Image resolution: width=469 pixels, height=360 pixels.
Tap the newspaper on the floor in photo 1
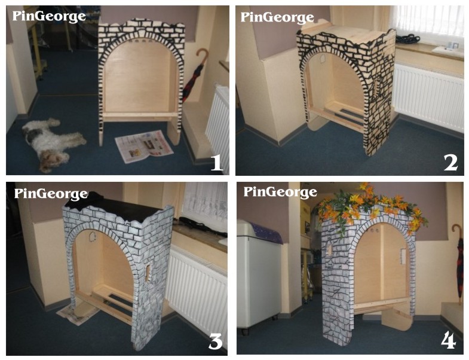point(144,146)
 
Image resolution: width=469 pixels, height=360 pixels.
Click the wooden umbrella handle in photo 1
point(202,57)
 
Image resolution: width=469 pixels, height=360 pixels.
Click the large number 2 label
point(450,163)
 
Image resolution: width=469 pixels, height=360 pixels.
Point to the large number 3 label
point(215,341)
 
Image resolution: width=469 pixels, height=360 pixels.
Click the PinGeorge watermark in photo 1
point(49,17)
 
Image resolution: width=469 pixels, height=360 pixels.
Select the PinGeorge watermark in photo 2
point(277,17)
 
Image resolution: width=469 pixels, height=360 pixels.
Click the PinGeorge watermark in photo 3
point(51,194)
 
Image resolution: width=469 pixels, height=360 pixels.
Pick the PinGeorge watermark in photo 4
point(280,192)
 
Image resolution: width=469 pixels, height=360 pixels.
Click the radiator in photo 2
point(430,96)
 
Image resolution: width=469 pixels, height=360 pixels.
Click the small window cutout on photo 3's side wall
point(148,273)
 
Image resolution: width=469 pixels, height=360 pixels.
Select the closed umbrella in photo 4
point(459,262)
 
